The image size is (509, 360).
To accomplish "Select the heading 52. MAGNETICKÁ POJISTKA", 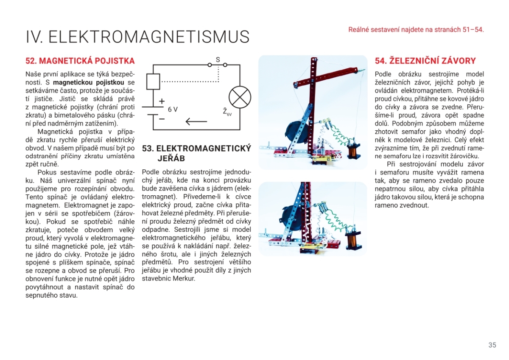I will pyautogui.click(x=80, y=61).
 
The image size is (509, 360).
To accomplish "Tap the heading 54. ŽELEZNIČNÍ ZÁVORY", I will pyautogui.click(x=425, y=61).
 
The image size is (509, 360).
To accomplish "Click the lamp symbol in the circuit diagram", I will pyautogui.click(x=240, y=97).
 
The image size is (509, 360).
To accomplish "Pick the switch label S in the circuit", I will pyautogui.click(x=218, y=60).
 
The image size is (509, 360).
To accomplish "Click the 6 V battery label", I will pyautogui.click(x=173, y=110).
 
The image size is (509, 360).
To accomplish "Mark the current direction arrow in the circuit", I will pyautogui.click(x=196, y=122).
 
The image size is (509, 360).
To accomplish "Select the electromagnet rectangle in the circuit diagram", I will pyautogui.click(x=153, y=82).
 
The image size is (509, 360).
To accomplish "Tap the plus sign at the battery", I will pyautogui.click(x=162, y=102).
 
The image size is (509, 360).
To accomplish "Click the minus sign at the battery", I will pyautogui.click(x=162, y=118).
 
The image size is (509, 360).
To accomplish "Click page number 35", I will pyautogui.click(x=492, y=345).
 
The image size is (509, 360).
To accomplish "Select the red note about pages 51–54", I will pyautogui.click(x=416, y=30).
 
